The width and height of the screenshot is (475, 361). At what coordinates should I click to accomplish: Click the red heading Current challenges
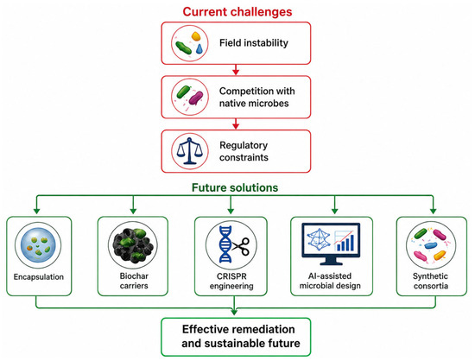pyautogui.click(x=237, y=12)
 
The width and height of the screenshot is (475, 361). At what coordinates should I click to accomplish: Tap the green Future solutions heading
pyautogui.click(x=235, y=187)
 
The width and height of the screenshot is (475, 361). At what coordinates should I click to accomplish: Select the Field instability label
pyautogui.click(x=254, y=43)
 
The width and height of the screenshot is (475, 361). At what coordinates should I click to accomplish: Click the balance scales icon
pyautogui.click(x=190, y=151)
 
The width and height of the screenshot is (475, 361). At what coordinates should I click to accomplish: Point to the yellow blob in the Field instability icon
pyautogui.click(x=196, y=36)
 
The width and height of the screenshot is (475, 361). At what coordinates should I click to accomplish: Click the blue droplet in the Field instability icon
pyautogui.click(x=199, y=48)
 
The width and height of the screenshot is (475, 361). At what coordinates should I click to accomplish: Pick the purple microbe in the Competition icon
pyautogui.click(x=196, y=98)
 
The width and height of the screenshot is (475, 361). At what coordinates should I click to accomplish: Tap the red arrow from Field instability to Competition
pyautogui.click(x=236, y=70)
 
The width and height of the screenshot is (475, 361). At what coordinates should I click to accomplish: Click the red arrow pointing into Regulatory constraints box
pyautogui.click(x=236, y=123)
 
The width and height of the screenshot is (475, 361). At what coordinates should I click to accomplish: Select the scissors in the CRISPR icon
pyautogui.click(x=242, y=245)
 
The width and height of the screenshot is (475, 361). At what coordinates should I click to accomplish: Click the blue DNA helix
pyautogui.click(x=225, y=244)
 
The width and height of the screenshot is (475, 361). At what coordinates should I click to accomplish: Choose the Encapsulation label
pyautogui.click(x=39, y=277)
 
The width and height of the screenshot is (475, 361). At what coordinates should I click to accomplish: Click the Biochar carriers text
pyautogui.click(x=134, y=281)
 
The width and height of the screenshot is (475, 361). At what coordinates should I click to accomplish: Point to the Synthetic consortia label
pyautogui.click(x=430, y=281)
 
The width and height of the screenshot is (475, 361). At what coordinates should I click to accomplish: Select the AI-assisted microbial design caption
pyautogui.click(x=330, y=281)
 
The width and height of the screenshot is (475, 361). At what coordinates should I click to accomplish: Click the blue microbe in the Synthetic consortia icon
pyautogui.click(x=430, y=245)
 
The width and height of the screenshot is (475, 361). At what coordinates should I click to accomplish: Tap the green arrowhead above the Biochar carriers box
pyautogui.click(x=133, y=211)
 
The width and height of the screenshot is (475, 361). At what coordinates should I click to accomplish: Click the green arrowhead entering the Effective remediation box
pyautogui.click(x=234, y=312)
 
